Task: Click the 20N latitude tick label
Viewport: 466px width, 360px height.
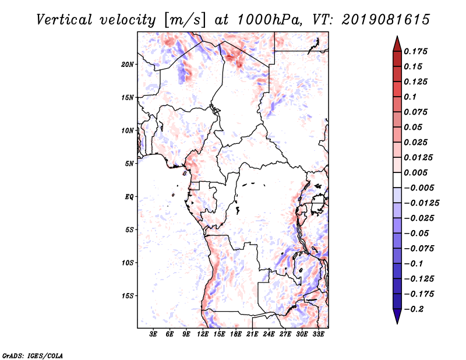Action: (x=128, y=65)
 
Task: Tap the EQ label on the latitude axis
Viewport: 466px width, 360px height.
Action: (x=129, y=197)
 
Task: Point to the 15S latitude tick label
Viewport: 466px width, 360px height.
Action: (x=128, y=296)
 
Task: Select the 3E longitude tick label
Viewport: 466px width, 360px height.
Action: (x=153, y=334)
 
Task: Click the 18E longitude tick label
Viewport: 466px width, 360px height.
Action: (x=236, y=334)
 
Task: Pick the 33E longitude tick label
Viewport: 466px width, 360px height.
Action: (x=318, y=334)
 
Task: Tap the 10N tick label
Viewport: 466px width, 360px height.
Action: (x=128, y=130)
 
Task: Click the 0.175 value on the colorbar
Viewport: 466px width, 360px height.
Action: (x=415, y=51)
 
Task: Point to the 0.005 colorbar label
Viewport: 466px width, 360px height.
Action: (x=415, y=172)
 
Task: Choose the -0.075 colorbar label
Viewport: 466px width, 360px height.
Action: (x=419, y=249)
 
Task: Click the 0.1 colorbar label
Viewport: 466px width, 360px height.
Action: (x=410, y=97)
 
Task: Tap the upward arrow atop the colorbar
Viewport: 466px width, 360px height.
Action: (x=397, y=44)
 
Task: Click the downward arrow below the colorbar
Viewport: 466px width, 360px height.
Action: (x=397, y=316)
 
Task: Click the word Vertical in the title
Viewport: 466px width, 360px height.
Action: (x=64, y=20)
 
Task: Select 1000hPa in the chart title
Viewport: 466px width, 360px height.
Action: (x=267, y=20)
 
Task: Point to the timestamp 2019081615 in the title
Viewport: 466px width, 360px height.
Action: (x=386, y=20)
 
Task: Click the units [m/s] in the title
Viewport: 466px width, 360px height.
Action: (x=184, y=20)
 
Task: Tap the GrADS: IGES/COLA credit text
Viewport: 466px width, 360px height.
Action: (x=33, y=355)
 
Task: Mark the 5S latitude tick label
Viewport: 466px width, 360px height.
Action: (x=129, y=230)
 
